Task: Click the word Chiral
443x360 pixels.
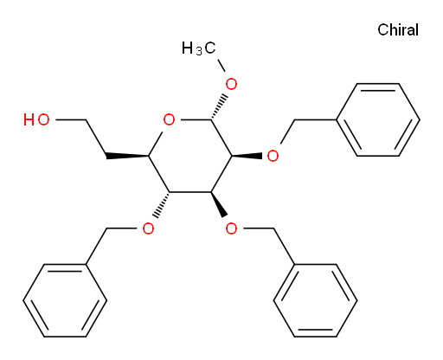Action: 398,29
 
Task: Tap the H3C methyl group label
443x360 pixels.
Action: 198,48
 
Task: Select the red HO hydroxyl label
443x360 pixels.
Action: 36,119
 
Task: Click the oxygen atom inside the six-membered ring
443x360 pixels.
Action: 169,119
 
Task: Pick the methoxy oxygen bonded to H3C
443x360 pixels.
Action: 231,84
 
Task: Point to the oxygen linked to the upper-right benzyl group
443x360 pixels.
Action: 273,156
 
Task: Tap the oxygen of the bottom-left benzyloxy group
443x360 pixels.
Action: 148,228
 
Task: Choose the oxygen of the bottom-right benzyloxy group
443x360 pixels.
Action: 231,228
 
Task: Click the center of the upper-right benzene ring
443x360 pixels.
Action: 378,119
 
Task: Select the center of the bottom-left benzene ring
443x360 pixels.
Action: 65,300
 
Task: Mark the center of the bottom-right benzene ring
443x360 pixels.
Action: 315,300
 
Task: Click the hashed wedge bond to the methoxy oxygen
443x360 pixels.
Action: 218,106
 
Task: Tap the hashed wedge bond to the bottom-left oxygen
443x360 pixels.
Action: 162,205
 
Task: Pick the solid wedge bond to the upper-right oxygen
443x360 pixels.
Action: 247,156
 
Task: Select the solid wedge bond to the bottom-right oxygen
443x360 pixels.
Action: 219,204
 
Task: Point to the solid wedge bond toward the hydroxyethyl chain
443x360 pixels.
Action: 127,156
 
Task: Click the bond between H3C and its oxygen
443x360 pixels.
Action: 221,65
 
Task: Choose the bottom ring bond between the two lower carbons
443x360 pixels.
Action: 190,192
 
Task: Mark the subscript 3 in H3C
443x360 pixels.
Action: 199,52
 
